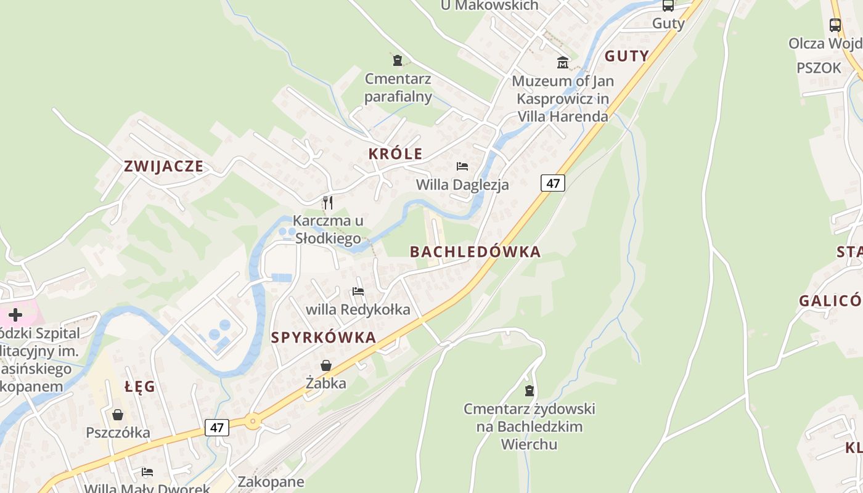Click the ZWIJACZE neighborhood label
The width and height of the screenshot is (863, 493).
[163, 166]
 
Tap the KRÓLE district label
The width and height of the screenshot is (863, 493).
[395, 154]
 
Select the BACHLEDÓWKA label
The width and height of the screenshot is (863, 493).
[475, 251]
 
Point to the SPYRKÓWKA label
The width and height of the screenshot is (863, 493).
[324, 337]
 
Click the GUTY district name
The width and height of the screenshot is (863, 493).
[626, 56]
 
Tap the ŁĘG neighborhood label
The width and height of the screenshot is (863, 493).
[139, 387]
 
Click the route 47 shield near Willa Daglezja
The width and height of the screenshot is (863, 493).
[553, 183]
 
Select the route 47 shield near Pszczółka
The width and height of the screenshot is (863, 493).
[217, 427]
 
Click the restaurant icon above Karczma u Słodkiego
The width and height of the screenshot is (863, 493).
[328, 202]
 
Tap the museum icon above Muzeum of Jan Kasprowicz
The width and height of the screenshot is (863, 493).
[562, 62]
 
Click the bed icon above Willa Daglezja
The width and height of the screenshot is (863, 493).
[462, 166]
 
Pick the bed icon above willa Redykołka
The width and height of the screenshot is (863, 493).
[358, 291]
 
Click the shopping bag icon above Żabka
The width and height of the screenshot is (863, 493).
[326, 365]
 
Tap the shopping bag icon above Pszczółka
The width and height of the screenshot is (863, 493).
[118, 415]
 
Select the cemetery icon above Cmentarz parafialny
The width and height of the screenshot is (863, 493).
[398, 60]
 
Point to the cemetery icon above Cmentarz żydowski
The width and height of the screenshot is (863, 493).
[529, 390]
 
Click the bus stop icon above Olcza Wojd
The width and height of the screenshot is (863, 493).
[835, 25]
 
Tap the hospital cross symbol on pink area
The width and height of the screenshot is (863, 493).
[15, 315]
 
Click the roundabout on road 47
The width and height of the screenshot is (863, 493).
[252, 422]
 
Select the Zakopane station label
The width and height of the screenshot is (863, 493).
[271, 481]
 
